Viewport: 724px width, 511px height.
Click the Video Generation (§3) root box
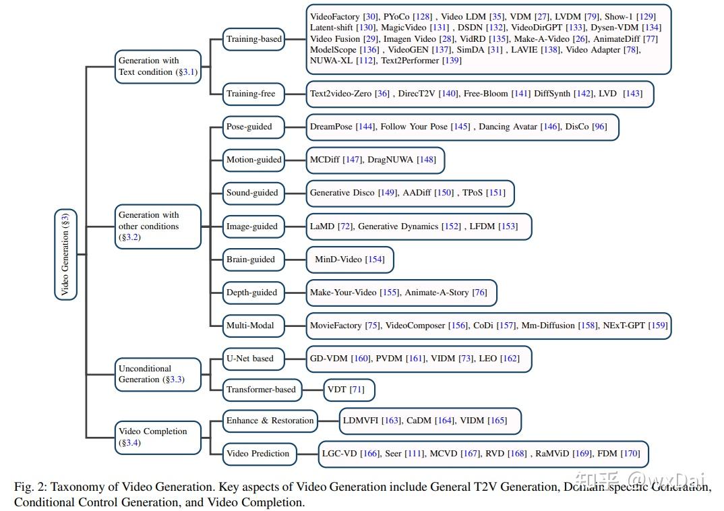[65, 254]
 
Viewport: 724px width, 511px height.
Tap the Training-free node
[251, 94]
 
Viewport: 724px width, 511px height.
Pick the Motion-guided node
[253, 160]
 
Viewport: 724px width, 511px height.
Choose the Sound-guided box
[252, 193]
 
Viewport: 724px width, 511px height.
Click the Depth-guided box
[252, 293]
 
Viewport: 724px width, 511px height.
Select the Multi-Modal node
[250, 326]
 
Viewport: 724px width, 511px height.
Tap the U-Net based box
[250, 359]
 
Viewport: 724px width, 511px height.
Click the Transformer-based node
[261, 390]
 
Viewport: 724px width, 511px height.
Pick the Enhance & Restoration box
[270, 421]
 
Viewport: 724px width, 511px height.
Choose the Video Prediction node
[258, 454]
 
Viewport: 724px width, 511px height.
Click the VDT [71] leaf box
[349, 390]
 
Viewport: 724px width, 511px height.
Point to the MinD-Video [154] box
[349, 260]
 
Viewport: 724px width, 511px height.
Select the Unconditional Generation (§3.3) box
[158, 374]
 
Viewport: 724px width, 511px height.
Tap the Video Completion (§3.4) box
[158, 437]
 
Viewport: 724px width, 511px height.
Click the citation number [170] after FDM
[630, 454]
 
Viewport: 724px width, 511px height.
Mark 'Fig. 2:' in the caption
[30, 486]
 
